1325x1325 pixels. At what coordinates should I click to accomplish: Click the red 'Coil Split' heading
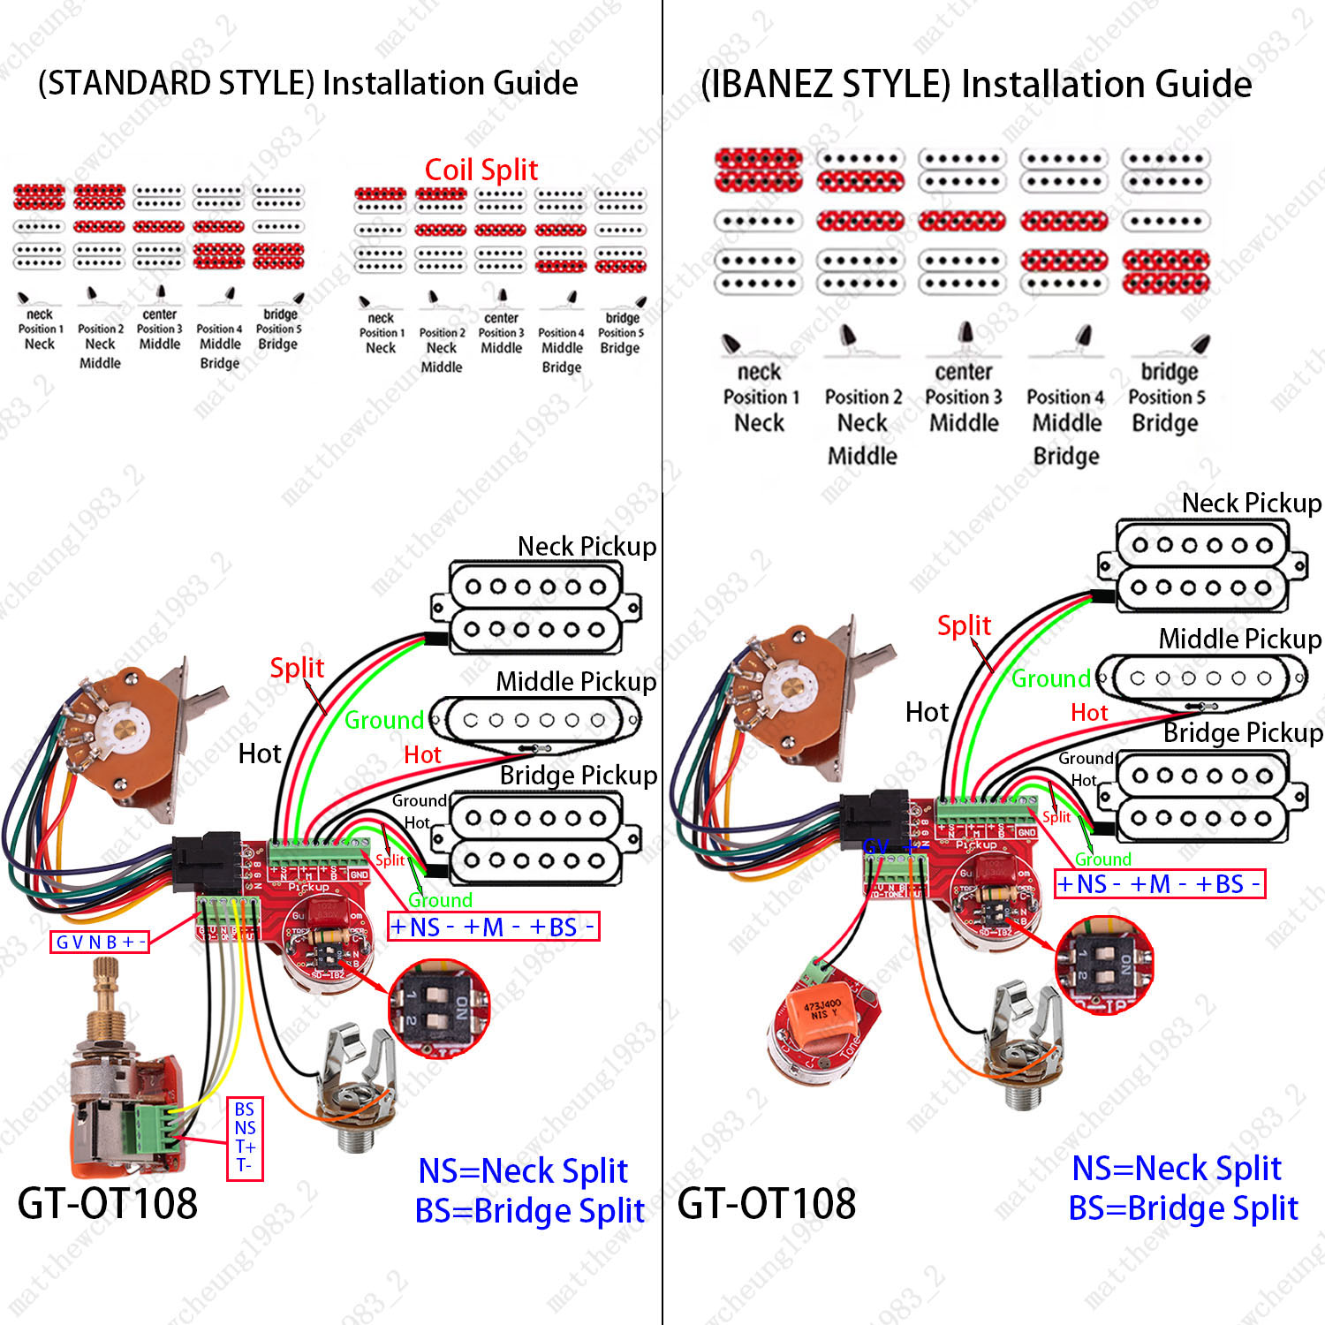click(481, 170)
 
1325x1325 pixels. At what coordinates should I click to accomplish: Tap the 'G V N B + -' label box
click(100, 942)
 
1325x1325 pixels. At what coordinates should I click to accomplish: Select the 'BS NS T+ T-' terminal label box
click(246, 1138)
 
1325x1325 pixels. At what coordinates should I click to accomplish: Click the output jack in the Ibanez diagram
click(1025, 1051)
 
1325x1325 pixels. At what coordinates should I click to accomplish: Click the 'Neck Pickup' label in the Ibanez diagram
click(1251, 503)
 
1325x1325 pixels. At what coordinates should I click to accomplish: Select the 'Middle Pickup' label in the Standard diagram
click(576, 682)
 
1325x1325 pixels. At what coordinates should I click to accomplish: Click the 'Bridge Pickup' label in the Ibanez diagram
click(1242, 733)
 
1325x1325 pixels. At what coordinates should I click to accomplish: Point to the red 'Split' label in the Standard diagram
click(297, 668)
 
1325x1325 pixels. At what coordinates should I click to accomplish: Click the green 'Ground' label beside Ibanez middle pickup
click(1050, 678)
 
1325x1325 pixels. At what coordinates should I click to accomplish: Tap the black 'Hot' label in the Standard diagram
click(260, 753)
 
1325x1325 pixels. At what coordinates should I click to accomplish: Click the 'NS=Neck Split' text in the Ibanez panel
click(1176, 1168)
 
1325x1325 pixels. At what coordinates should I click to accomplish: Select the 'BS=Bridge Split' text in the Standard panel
click(529, 1210)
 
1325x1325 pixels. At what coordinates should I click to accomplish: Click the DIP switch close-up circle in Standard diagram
click(439, 1009)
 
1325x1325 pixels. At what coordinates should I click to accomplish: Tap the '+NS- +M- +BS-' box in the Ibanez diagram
click(1160, 884)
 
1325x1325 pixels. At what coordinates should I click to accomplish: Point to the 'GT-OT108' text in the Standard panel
click(108, 1203)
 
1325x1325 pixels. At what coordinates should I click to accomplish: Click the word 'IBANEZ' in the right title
click(827, 85)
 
